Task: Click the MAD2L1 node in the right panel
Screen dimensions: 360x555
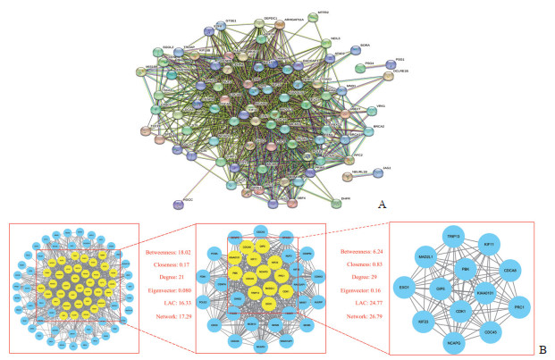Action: pos(427,256)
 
